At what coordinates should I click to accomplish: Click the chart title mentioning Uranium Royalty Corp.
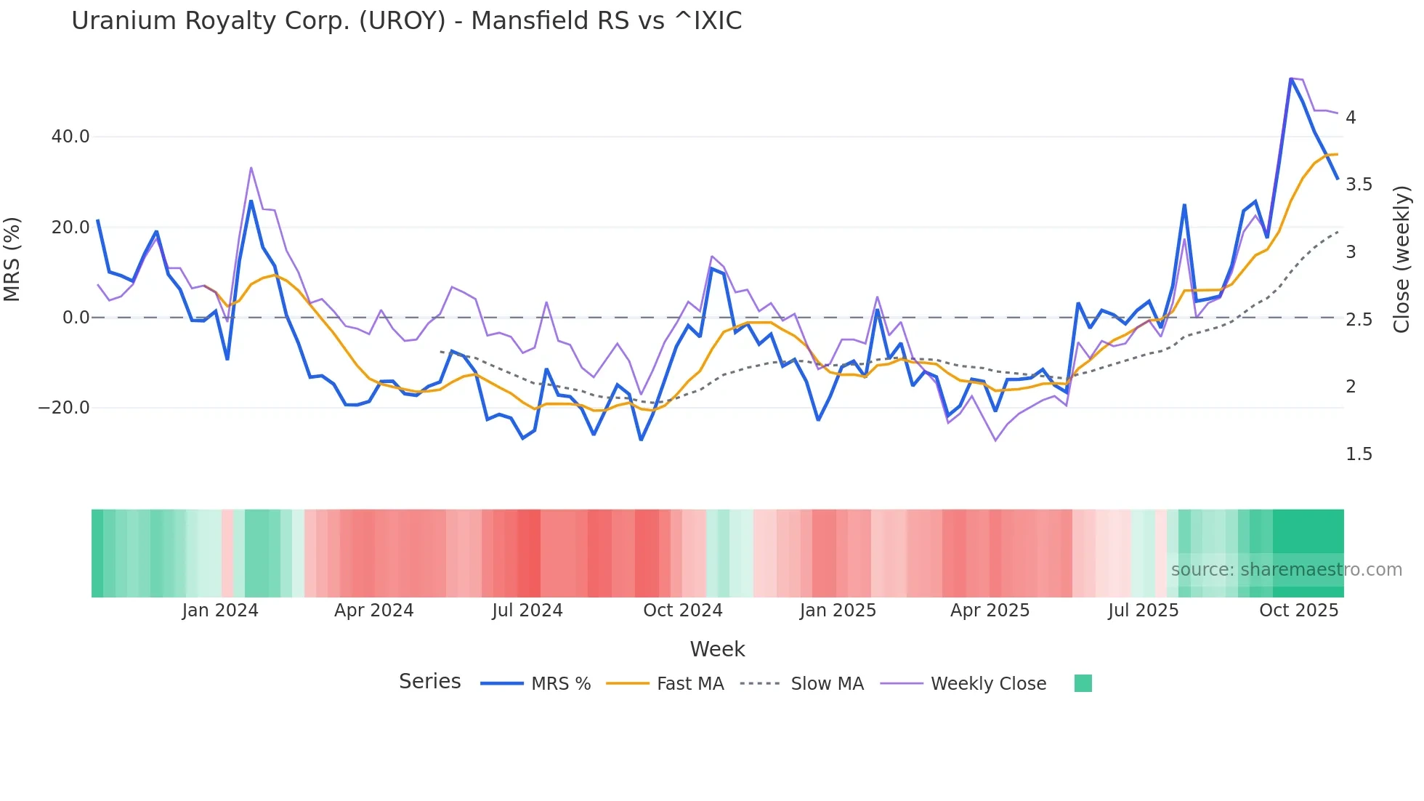[x=406, y=21]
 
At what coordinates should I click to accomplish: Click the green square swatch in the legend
[x=1083, y=683]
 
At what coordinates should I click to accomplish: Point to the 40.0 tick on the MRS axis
[x=70, y=137]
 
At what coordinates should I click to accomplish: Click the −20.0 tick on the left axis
[x=64, y=408]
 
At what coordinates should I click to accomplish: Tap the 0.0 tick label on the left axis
[x=76, y=318]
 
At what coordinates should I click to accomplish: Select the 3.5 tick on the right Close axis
[x=1359, y=185]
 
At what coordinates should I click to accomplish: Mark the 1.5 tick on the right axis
[x=1359, y=454]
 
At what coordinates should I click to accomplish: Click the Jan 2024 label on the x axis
[x=220, y=611]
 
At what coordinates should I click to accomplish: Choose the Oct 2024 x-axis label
[x=682, y=611]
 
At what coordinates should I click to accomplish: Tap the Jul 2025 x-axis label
[x=1143, y=611]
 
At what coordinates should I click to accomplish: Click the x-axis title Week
[x=717, y=649]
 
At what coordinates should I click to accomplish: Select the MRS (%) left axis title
[x=12, y=259]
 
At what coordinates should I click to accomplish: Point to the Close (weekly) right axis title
[x=1401, y=259]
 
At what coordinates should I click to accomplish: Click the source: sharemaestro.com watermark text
[x=1286, y=570]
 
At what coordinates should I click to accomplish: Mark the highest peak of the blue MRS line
[x=1290, y=79]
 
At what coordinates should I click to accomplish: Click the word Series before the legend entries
[x=429, y=682]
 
